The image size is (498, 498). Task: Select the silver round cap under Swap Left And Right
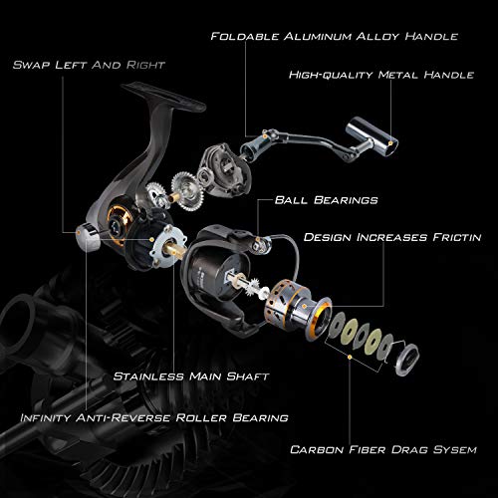[86, 236]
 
